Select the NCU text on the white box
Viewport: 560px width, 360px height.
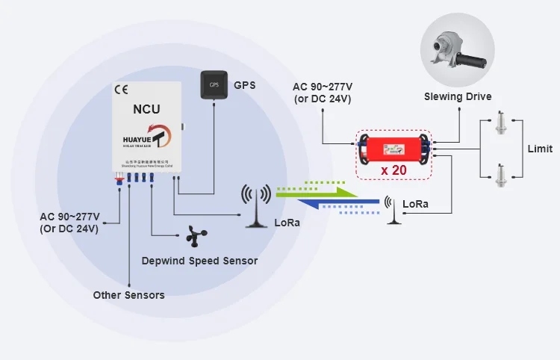146,109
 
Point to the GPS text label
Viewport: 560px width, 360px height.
244,85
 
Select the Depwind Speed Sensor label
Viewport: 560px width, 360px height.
199,261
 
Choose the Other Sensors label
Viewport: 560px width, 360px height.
128,295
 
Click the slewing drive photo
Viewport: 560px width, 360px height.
458,51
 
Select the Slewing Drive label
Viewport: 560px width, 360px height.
457,96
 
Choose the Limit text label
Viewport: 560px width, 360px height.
540,149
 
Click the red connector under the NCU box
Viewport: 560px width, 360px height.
118,179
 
